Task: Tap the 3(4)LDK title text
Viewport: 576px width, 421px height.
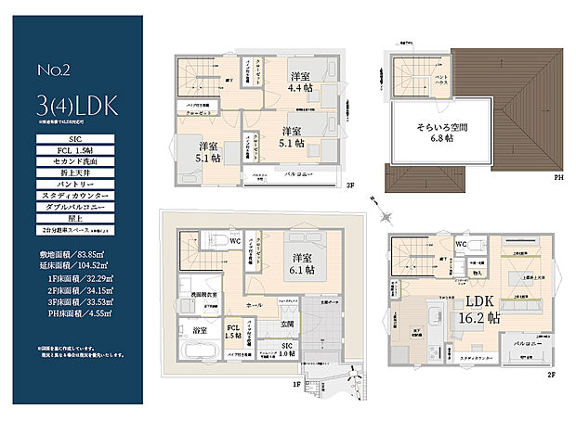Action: coord(77,103)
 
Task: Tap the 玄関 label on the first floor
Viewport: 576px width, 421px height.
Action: coord(288,323)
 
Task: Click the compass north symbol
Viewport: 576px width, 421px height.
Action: coord(373,199)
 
